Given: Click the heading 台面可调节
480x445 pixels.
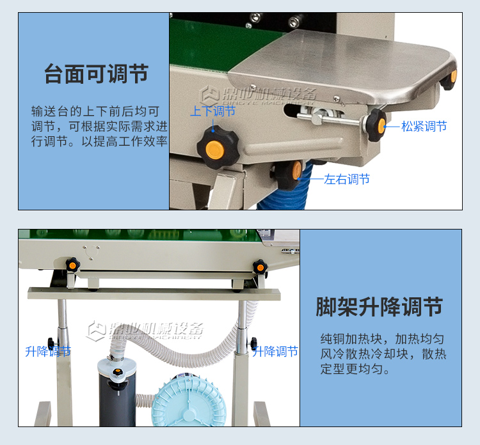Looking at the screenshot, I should point(96,74).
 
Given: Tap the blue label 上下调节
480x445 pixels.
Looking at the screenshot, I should point(212,111).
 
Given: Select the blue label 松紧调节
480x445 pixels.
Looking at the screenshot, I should point(424,127).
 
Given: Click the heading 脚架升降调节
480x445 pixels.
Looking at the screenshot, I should point(380,307).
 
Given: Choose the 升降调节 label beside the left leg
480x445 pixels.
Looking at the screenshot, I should point(48,351).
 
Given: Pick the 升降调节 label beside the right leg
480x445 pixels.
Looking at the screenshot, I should point(275,351).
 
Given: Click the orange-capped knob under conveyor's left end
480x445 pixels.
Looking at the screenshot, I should point(73,264).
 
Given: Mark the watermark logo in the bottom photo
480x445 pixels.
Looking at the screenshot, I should point(146,330).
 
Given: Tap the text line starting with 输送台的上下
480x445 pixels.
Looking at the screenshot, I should point(100,111).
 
